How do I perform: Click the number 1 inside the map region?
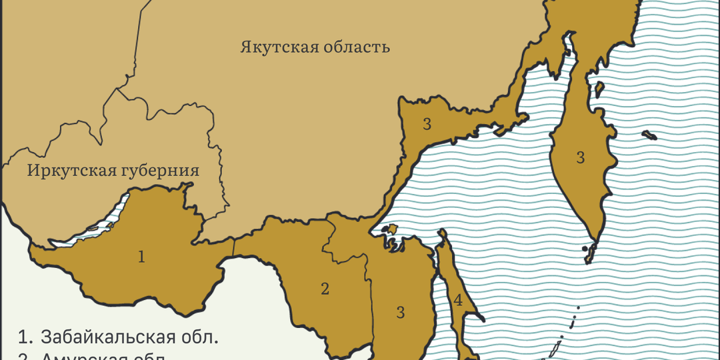coord(141,257)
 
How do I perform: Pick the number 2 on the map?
coord(325,289)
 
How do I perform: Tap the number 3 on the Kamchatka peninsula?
coord(581,158)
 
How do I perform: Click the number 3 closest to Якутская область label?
coord(427,123)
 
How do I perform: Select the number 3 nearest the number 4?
coord(401,311)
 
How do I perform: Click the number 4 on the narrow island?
coord(458,301)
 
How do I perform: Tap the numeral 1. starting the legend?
coord(26,335)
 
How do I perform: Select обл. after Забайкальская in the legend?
coord(202,335)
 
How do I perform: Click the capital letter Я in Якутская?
coord(246,47)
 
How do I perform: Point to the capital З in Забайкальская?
coord(46,335)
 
